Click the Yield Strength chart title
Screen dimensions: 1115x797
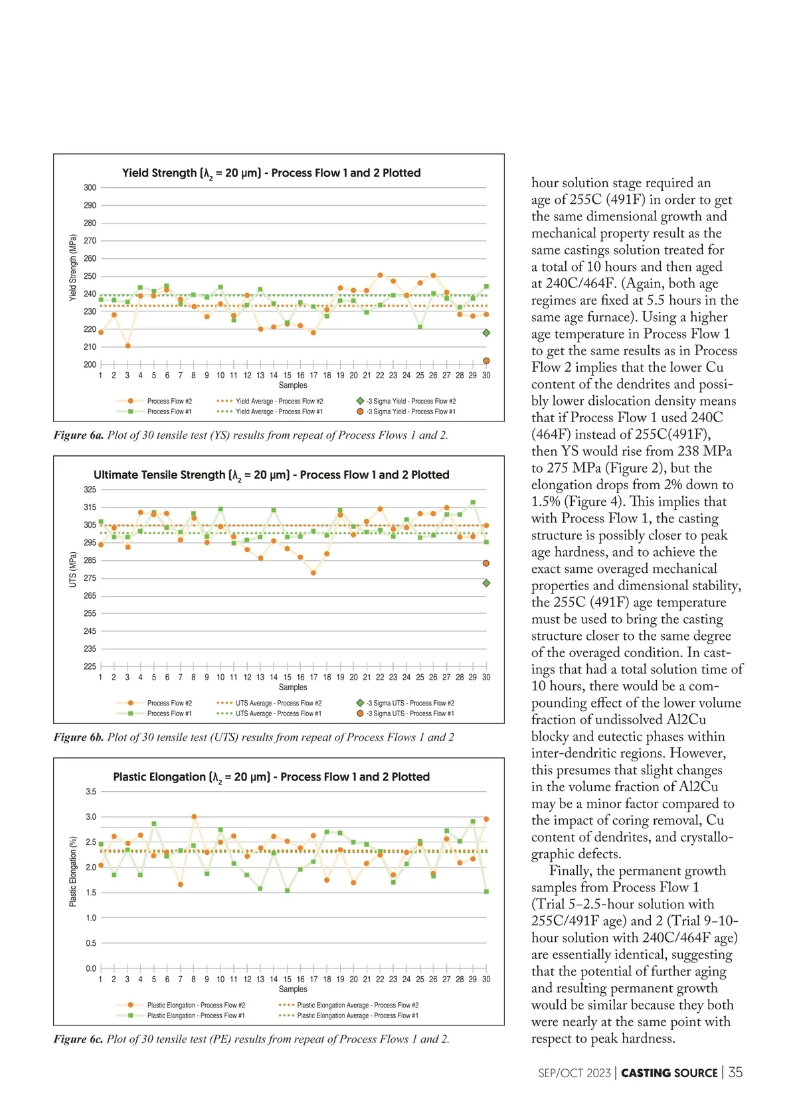coord(271,173)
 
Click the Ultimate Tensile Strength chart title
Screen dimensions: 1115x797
coord(271,475)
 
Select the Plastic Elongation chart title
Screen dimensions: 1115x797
coord(271,777)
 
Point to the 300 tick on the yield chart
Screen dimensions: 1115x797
coord(90,188)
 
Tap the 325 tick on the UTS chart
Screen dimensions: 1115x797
coord(90,490)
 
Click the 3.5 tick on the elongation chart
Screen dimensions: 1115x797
coord(91,792)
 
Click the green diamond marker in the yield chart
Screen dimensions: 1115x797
coord(486,333)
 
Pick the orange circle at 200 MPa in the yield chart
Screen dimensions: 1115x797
coord(486,361)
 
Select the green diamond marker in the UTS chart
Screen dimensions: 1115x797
coord(486,583)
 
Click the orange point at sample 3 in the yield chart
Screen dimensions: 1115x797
coord(128,346)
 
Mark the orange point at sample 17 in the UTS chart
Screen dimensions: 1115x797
coord(313,573)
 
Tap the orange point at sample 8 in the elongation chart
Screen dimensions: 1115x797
coord(194,816)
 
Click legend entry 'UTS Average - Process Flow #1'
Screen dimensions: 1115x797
coord(278,714)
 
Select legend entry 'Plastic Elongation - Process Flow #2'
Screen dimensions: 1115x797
coord(195,1005)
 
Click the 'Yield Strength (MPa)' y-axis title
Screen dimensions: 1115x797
coord(73,267)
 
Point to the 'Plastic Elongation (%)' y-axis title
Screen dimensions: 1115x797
coord(73,871)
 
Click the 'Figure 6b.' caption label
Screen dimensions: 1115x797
coord(78,737)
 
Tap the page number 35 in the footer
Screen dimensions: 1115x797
coord(735,1073)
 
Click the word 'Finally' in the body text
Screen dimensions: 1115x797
coord(571,871)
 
